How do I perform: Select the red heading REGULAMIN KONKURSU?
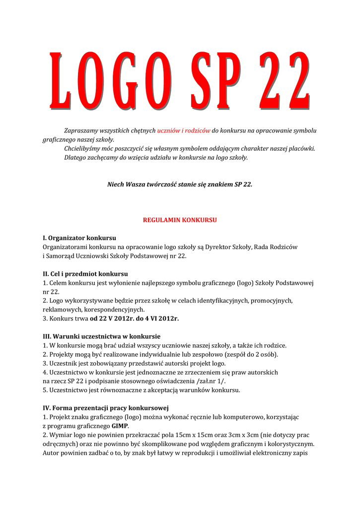click(180, 219)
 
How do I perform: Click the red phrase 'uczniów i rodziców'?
click(184, 130)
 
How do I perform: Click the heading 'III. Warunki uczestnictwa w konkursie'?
click(101, 336)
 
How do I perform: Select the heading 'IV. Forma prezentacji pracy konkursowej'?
click(105, 407)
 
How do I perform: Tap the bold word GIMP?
click(120, 426)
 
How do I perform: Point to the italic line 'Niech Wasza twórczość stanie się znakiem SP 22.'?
click(180, 184)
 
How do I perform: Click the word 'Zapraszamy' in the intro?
click(80, 130)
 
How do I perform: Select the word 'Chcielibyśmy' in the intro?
click(83, 148)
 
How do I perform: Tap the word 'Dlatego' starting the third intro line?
click(74, 157)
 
